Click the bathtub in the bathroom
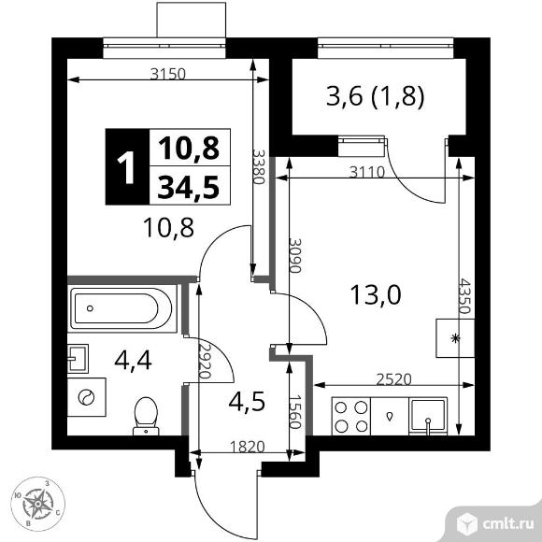tap(121, 306)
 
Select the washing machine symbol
tap(87, 396)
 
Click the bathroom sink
tap(79, 356)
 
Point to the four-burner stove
tap(350, 416)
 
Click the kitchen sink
tap(428, 415)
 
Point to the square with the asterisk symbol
tap(455, 337)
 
